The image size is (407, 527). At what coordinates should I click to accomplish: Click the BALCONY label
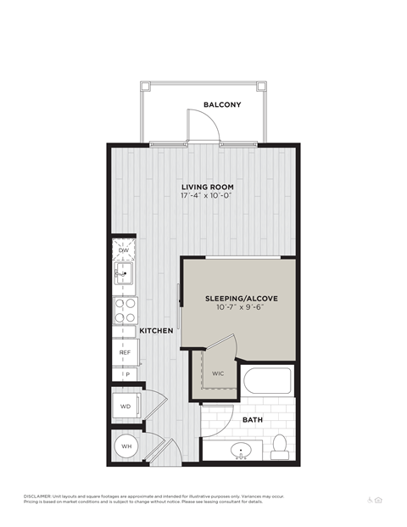tap(222, 105)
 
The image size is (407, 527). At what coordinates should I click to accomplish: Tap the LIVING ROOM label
tap(206, 187)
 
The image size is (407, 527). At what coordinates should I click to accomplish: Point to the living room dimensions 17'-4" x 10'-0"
tap(206, 196)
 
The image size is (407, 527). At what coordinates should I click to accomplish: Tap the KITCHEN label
tap(157, 330)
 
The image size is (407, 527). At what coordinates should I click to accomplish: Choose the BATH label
tap(253, 419)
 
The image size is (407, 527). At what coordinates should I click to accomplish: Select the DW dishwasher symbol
tap(124, 250)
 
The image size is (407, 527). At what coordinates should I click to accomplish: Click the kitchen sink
tap(124, 275)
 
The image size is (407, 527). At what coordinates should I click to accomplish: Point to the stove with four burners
tap(125, 310)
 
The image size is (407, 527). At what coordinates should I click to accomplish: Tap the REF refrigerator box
tap(124, 351)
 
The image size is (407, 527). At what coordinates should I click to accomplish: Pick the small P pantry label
tap(125, 373)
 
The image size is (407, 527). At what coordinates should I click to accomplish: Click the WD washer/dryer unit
tap(125, 406)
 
